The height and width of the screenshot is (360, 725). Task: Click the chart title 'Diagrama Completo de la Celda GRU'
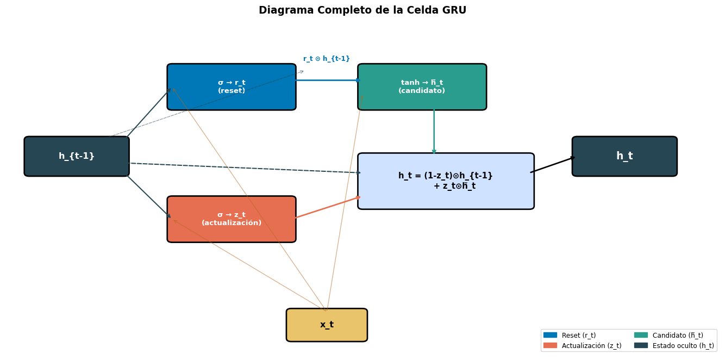click(x=362, y=10)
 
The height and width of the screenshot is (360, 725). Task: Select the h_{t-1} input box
click(x=77, y=157)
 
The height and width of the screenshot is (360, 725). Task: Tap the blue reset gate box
click(x=232, y=87)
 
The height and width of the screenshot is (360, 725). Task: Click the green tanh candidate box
click(x=422, y=87)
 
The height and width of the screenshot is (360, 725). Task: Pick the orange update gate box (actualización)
click(x=232, y=219)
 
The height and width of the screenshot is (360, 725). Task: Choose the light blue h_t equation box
click(x=446, y=181)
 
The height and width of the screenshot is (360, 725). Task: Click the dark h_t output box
click(x=624, y=157)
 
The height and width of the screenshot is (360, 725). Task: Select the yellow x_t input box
click(x=327, y=325)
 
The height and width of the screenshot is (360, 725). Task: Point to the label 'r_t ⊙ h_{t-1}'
click(x=327, y=59)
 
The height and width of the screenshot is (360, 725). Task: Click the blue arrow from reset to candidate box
click(x=326, y=80)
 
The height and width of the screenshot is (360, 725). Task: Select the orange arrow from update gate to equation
click(x=328, y=207)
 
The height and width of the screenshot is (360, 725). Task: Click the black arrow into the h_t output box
click(x=552, y=165)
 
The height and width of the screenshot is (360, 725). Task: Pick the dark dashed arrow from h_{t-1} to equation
click(x=245, y=168)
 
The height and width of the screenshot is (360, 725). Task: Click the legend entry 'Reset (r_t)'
click(x=578, y=336)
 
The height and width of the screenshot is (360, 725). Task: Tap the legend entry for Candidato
click(x=677, y=336)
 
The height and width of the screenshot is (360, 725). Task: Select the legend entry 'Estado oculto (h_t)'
click(x=683, y=346)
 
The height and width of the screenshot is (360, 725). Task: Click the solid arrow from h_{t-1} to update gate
click(x=149, y=197)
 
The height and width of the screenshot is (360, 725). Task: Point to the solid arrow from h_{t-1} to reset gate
click(x=149, y=113)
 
